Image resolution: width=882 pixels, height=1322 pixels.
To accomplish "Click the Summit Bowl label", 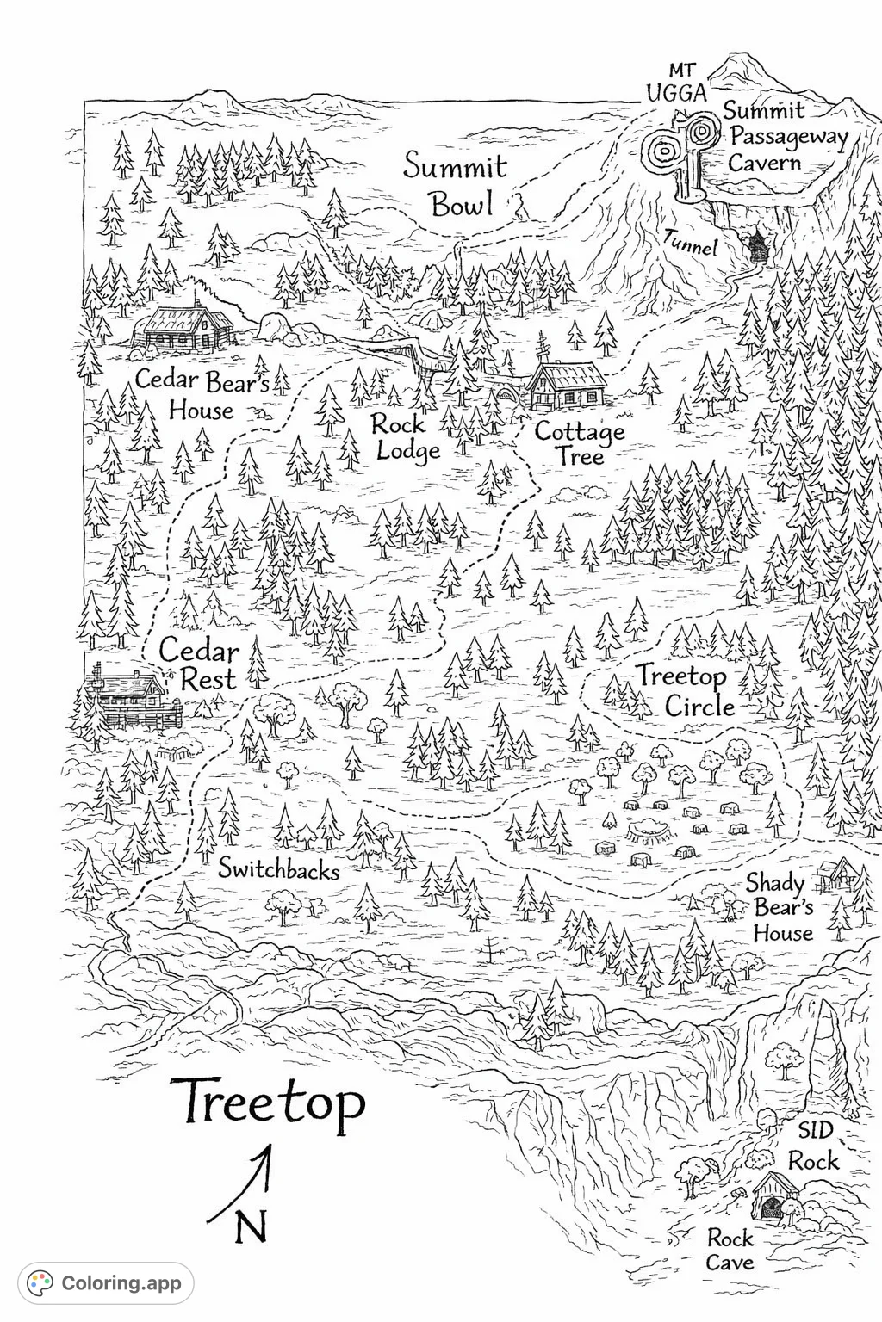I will tap(457, 184).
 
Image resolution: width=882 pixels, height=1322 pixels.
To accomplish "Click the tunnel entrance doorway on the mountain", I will tap(757, 247).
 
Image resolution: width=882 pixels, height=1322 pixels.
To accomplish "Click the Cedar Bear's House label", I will tap(202, 394).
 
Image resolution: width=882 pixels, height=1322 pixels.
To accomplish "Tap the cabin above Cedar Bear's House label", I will tap(183, 330).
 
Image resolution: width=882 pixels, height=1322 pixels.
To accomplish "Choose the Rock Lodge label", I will tap(405, 436).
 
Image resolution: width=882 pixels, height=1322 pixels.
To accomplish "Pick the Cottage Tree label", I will tap(580, 442).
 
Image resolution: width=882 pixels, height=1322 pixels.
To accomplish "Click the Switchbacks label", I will tap(278, 868).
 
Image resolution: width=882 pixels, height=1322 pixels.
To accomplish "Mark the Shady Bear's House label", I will tap(782, 907).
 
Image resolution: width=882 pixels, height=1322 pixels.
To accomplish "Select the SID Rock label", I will tap(814, 1146).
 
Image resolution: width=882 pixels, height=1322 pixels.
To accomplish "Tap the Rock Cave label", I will tap(730, 1250).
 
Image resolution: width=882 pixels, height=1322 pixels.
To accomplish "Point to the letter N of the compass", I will tap(251, 1227).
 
